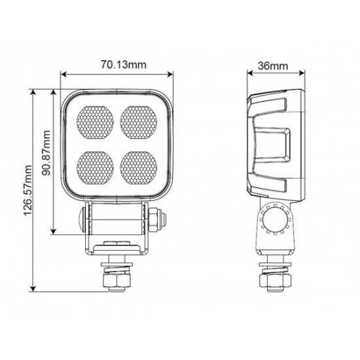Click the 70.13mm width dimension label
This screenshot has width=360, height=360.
click(124, 65)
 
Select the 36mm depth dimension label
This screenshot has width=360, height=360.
click(273, 66)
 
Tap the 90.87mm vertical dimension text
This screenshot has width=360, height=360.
click(46, 153)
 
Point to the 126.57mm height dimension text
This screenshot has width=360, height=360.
click(27, 190)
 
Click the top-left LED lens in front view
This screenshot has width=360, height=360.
click(95, 122)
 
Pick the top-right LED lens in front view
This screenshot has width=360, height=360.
click(139, 122)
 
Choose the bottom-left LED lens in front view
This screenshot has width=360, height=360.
click(95, 168)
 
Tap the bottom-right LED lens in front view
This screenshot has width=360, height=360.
click(139, 168)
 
